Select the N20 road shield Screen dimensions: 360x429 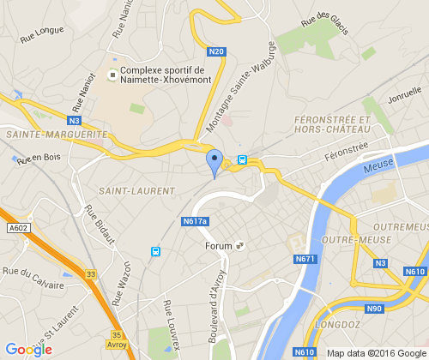click(216, 52)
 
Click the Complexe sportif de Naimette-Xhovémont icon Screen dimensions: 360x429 click(111, 75)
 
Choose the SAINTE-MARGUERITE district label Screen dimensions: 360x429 click(57, 135)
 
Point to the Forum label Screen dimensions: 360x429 click(220, 247)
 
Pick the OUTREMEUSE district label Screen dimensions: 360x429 click(400, 226)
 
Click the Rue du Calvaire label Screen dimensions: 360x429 click(33, 278)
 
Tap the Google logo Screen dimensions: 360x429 click(28, 349)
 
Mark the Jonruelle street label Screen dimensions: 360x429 click(405, 96)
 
